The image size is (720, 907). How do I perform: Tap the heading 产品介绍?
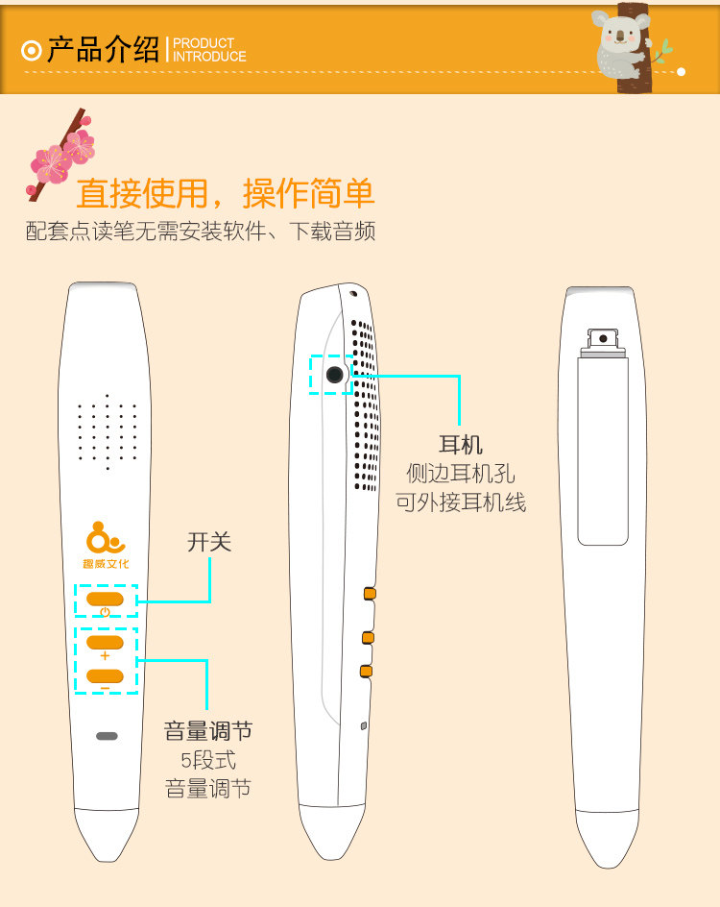(x=104, y=49)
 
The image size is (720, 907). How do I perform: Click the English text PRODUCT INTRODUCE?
(x=208, y=50)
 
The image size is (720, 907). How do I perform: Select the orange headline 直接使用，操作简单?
(x=225, y=193)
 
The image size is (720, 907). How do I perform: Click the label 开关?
(x=209, y=542)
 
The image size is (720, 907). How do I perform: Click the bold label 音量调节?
(x=208, y=731)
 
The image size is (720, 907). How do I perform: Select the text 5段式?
(x=208, y=760)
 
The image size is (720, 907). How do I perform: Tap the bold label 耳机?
(x=461, y=445)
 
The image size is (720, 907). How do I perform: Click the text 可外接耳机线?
(x=461, y=502)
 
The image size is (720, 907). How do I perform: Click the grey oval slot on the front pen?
(x=107, y=736)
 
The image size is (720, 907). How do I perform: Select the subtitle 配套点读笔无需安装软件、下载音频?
(x=200, y=231)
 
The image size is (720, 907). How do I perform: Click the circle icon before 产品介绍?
(x=31, y=50)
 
